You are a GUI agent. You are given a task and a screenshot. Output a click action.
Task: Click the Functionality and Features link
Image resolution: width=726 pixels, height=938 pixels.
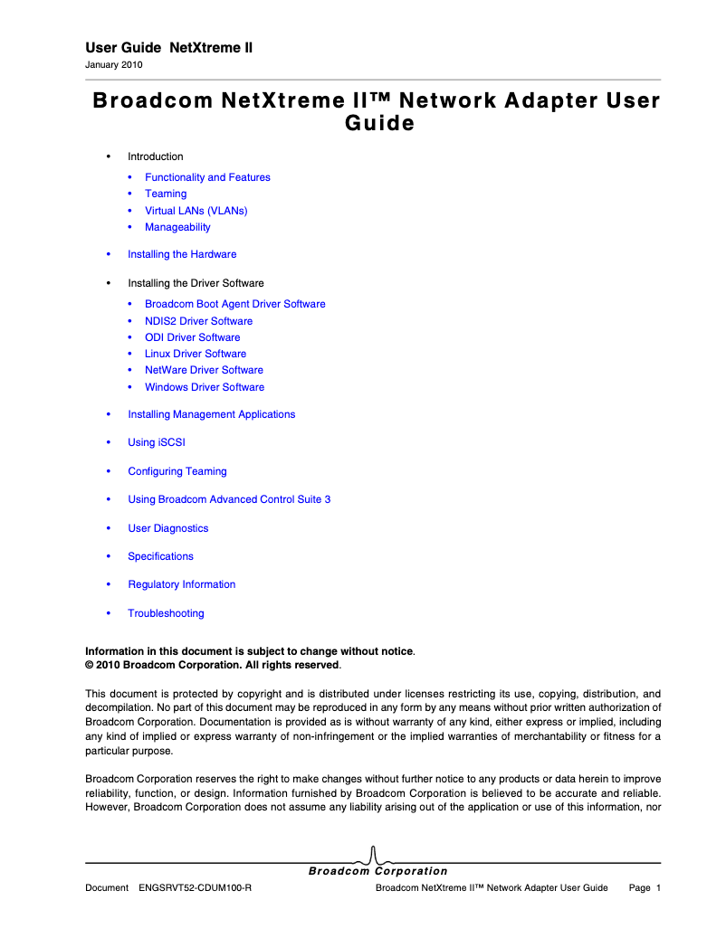pyautogui.click(x=207, y=177)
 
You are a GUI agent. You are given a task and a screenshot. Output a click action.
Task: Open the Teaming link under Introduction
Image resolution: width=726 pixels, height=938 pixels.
pyautogui.click(x=166, y=194)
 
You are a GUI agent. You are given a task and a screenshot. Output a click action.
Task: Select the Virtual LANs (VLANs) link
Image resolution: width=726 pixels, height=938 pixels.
pyautogui.click(x=196, y=211)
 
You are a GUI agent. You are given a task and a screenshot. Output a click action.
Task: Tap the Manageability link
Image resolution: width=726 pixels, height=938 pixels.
pyautogui.click(x=177, y=227)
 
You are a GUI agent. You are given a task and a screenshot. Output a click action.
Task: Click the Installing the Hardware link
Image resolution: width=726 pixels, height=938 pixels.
pyautogui.click(x=182, y=254)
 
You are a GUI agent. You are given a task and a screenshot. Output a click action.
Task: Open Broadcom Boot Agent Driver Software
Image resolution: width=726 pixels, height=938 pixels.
pyautogui.click(x=234, y=304)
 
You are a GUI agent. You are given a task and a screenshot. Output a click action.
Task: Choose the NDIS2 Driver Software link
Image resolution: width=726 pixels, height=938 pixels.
pyautogui.click(x=198, y=321)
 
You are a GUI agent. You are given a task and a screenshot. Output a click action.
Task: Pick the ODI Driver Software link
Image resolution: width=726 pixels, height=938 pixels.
pyautogui.click(x=192, y=337)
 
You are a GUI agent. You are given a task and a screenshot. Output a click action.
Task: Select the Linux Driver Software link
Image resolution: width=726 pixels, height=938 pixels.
pyautogui.click(x=196, y=354)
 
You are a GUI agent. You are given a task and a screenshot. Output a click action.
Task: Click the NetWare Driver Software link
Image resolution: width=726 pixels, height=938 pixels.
pyautogui.click(x=204, y=370)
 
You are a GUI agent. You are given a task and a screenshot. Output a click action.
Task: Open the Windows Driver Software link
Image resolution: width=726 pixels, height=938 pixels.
pyautogui.click(x=205, y=387)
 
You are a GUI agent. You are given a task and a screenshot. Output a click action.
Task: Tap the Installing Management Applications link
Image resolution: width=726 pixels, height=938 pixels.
pyautogui.click(x=211, y=414)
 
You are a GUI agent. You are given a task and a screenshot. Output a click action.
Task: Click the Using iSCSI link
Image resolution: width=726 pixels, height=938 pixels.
pyautogui.click(x=157, y=442)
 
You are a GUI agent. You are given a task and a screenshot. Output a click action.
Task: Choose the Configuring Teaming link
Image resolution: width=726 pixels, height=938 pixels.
pyautogui.click(x=177, y=471)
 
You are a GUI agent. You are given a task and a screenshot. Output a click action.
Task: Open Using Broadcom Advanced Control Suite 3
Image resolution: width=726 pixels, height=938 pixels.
pyautogui.click(x=229, y=499)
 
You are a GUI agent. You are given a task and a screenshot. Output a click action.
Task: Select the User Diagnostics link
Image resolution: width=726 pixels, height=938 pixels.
pyautogui.click(x=167, y=528)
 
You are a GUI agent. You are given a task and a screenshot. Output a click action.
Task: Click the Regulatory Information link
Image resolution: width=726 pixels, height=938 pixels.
pyautogui.click(x=181, y=584)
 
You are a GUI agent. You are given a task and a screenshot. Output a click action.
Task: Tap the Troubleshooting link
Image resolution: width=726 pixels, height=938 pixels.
pyautogui.click(x=166, y=613)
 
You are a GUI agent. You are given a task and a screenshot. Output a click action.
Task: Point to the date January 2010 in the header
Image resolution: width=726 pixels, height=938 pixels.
pyautogui.click(x=113, y=65)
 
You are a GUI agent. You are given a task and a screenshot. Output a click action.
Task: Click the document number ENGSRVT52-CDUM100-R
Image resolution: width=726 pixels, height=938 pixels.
pyautogui.click(x=195, y=888)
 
